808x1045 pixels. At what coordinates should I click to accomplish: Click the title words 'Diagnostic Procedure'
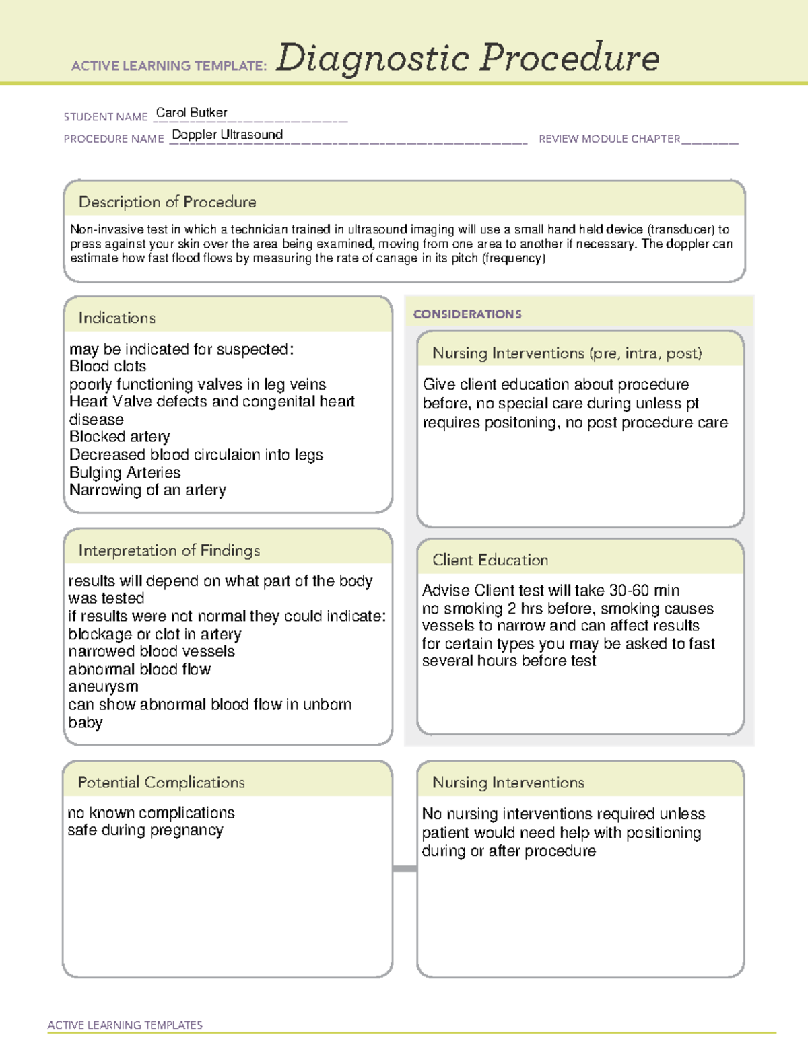click(467, 58)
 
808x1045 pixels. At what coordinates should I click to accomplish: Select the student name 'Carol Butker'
click(191, 112)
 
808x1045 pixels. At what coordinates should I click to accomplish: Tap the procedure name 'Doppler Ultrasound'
click(227, 135)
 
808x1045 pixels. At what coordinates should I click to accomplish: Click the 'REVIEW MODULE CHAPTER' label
click(609, 139)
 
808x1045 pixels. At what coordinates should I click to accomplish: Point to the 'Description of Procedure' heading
click(167, 202)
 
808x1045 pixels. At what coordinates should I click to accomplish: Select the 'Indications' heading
click(116, 318)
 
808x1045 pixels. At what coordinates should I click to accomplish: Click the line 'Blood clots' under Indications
click(108, 367)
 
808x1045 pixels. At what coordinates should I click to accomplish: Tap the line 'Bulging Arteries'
click(125, 472)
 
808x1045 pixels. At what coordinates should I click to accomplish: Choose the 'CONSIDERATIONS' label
click(467, 314)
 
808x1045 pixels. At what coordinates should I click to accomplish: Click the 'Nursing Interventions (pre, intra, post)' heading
click(567, 353)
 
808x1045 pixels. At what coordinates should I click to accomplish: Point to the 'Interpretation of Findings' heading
click(169, 550)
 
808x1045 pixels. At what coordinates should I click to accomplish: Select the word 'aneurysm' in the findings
click(103, 687)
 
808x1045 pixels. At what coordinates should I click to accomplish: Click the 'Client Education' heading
click(490, 560)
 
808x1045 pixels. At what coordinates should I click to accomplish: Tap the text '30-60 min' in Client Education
click(644, 591)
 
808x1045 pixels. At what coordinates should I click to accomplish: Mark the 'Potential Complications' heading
click(161, 782)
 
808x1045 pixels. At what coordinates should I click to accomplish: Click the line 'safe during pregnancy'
click(145, 830)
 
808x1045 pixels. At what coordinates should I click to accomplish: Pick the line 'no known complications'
click(151, 813)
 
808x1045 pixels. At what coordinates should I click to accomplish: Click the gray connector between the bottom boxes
click(405, 869)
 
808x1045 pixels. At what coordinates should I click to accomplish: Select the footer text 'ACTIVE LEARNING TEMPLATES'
click(125, 1025)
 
